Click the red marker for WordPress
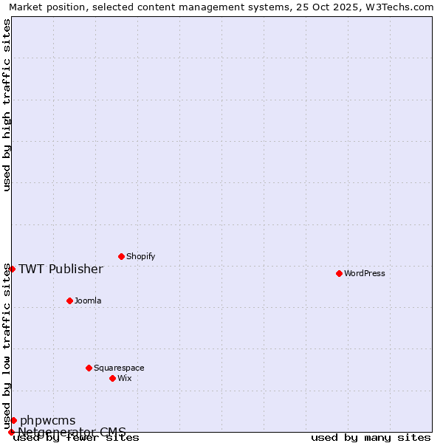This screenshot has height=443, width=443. [x=339, y=273]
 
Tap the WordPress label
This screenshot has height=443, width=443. [x=364, y=274]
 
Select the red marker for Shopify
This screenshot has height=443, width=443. [x=121, y=256]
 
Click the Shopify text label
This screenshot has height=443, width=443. [x=140, y=257]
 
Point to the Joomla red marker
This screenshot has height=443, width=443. [x=69, y=301]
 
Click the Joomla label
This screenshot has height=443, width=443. [x=88, y=301]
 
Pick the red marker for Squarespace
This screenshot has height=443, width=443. [x=89, y=368]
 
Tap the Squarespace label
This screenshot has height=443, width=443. [x=119, y=368]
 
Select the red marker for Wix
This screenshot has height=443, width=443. [x=112, y=378]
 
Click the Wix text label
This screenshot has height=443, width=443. [x=124, y=379]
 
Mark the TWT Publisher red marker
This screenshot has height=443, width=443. [x=12, y=269]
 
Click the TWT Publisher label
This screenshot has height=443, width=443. [x=61, y=269]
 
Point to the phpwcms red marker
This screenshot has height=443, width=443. [x=13, y=420]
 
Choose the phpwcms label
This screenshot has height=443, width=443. [x=47, y=421]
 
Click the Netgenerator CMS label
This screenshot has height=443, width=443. [x=72, y=432]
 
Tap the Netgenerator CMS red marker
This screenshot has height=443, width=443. [x=11, y=432]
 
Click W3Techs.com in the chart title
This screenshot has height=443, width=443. [x=397, y=7]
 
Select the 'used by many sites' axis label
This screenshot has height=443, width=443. [x=371, y=438]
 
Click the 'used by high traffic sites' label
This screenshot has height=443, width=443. [x=7, y=105]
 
